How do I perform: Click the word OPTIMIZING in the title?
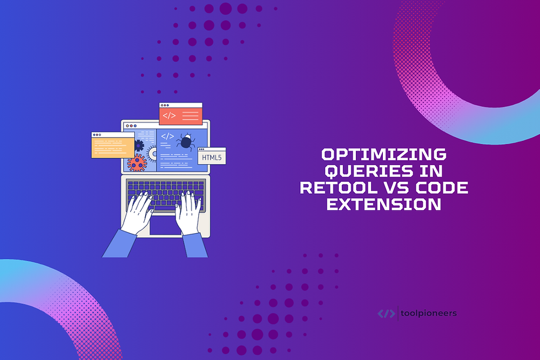384,155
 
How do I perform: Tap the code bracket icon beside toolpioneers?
386,313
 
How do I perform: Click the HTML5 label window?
212,158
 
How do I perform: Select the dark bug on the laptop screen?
186,142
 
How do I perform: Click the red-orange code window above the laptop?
180,114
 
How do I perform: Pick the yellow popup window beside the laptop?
112,145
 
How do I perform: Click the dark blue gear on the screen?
139,145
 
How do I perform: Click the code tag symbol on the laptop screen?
167,137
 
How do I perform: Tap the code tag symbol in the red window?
170,115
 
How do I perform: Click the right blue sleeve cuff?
194,246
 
